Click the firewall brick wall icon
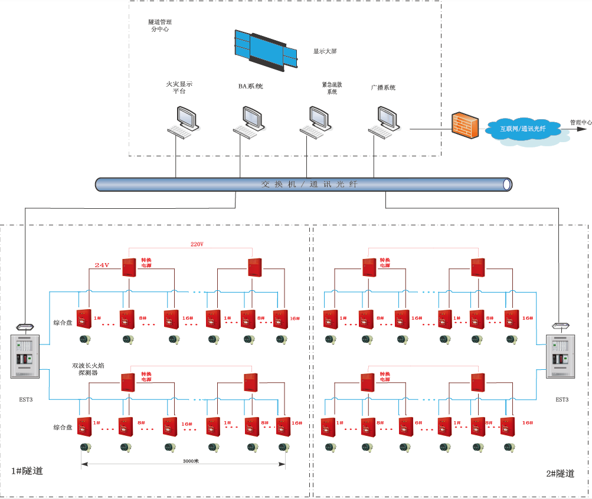(x=465, y=124)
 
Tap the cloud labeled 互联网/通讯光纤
(x=523, y=129)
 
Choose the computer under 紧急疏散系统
(x=316, y=122)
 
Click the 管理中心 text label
(x=580, y=123)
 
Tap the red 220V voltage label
(x=197, y=244)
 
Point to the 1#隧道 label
(x=27, y=471)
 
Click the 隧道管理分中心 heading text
(x=159, y=25)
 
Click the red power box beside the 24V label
(x=130, y=267)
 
